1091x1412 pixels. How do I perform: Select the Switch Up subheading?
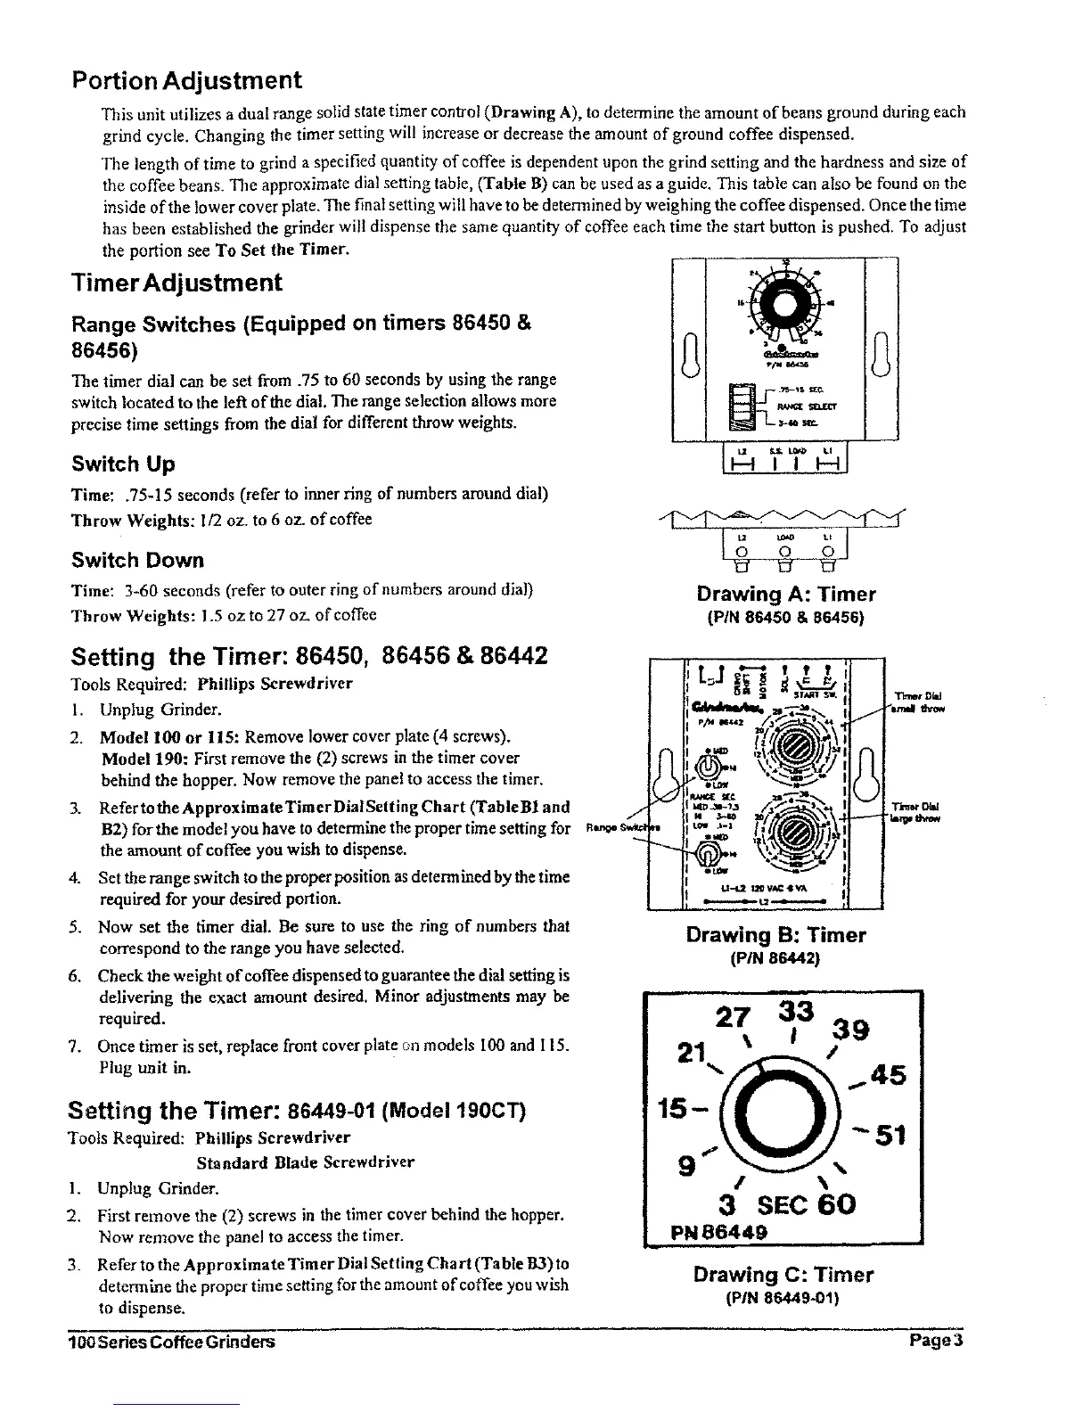click(123, 464)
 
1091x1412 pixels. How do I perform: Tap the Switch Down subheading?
click(137, 561)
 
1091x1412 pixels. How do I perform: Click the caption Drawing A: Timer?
click(785, 595)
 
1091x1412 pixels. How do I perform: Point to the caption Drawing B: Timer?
click(775, 935)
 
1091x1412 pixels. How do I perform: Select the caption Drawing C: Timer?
click(783, 1275)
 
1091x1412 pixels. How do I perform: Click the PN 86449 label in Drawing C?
click(711, 1234)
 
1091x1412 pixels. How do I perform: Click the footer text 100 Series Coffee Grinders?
click(171, 1342)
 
